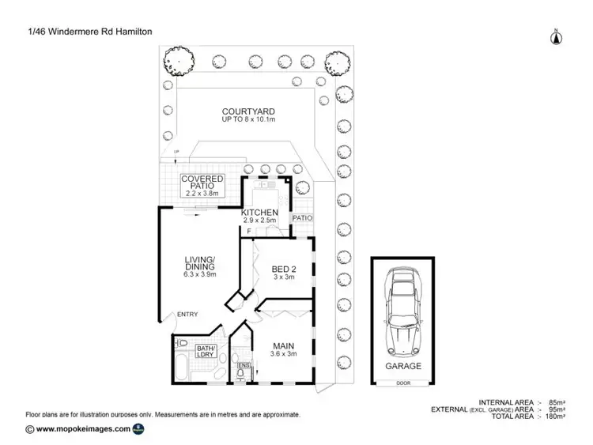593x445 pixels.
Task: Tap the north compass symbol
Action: [x=556, y=36]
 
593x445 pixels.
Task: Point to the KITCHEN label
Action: [x=259, y=213]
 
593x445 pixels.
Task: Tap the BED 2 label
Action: [x=283, y=268]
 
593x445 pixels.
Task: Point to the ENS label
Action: [x=244, y=364]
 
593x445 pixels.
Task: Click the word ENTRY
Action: [x=187, y=315]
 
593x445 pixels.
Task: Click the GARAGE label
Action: [x=404, y=366]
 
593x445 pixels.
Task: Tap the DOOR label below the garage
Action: [x=404, y=383]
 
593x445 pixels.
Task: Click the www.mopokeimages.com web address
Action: [x=77, y=429]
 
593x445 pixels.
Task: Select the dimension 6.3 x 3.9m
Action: [x=199, y=274]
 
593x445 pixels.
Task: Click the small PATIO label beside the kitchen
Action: [x=302, y=218]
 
